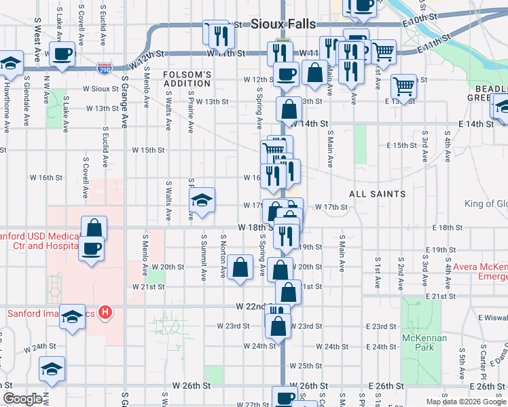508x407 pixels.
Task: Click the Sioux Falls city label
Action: [283, 24]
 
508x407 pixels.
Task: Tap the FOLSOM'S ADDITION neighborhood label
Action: [187, 78]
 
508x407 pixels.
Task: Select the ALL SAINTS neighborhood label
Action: [377, 194]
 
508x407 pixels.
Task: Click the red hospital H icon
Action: [105, 313]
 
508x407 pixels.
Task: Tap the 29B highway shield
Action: [105, 69]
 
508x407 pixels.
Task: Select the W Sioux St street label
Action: [101, 89]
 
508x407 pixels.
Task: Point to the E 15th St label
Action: [401, 145]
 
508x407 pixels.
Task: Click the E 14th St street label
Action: [475, 124]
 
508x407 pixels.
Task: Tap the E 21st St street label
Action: [440, 297]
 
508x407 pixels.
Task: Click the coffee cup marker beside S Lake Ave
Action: [62, 54]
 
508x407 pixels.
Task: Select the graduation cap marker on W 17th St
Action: [202, 201]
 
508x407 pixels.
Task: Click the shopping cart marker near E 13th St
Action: [404, 87]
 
